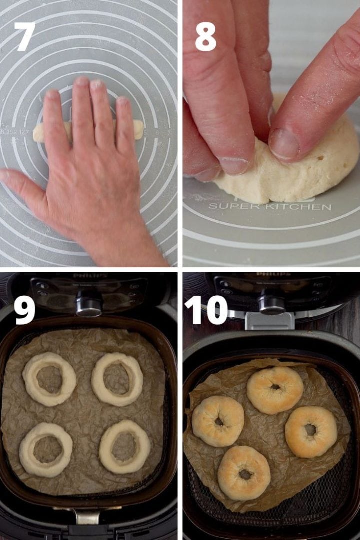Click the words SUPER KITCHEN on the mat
tap(269, 206)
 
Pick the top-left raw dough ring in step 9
tap(49, 379)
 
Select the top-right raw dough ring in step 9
tap(117, 378)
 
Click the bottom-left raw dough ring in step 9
tap(46, 449)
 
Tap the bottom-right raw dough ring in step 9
tap(124, 446)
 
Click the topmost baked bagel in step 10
tap(275, 390)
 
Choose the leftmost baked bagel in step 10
tap(218, 421)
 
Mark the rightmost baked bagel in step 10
tap(311, 431)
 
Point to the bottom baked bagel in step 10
tap(244, 472)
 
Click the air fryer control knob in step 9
tap(89, 304)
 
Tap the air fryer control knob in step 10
tap(272, 303)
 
